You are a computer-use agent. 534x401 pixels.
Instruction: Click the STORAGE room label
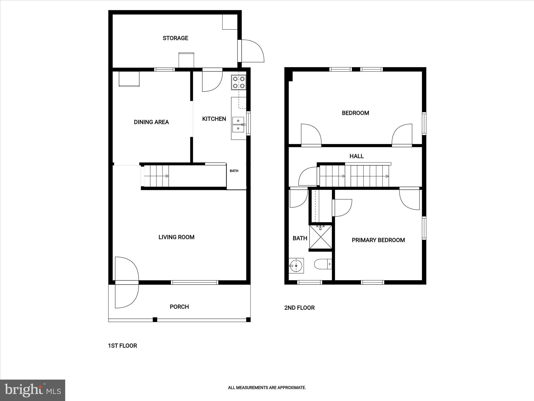pos(175,38)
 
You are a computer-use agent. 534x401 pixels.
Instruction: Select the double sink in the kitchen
pos(238,125)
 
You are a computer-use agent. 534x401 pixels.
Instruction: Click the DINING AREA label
pos(151,122)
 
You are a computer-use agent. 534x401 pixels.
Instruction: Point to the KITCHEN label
pos(214,119)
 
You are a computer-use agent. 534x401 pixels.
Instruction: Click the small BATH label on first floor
pos(234,171)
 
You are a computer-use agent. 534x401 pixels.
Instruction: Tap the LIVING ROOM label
pos(176,237)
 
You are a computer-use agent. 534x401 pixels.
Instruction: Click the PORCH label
pos(179,307)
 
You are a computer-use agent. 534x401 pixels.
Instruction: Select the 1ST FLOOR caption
pos(122,346)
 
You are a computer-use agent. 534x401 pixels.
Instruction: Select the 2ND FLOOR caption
pos(299,308)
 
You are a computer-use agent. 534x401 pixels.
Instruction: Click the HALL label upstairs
pos(356,156)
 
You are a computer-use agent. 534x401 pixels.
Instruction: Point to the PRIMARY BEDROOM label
pos(378,240)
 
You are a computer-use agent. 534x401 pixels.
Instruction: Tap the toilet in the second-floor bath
pos(322,264)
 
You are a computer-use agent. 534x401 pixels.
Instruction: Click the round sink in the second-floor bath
pos(296,266)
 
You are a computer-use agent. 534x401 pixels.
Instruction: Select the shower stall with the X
pos(320,237)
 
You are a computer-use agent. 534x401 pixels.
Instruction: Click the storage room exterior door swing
pos(252,51)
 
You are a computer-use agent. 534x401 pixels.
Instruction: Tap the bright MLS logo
pos(33,390)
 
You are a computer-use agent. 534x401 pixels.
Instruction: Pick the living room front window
pos(195,282)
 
